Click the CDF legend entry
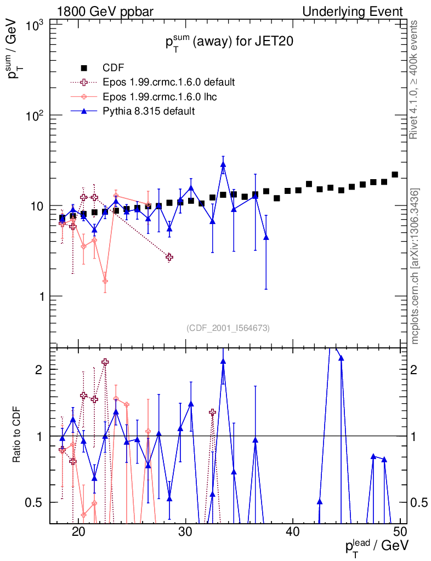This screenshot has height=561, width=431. click(114, 68)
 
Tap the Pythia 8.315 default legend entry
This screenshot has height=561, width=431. click(149, 111)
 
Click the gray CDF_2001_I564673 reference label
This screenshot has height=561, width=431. click(228, 328)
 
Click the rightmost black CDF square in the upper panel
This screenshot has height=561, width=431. click(395, 175)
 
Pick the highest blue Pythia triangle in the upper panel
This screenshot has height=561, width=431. click(223, 164)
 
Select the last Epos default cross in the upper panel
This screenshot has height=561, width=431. click(169, 257)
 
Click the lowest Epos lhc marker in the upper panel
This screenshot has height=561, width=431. click(105, 281)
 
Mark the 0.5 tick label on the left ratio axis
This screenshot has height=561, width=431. click(35, 502)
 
